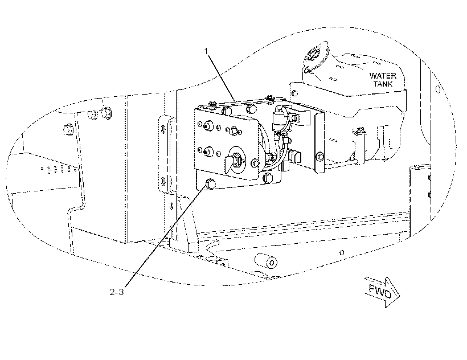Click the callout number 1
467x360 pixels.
206,51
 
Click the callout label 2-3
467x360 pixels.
117,292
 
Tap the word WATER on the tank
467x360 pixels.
383,76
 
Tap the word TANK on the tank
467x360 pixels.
383,84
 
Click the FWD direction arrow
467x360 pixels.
382,292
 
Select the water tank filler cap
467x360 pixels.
315,56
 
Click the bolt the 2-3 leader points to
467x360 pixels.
210,184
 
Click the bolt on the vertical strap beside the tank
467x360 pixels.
320,156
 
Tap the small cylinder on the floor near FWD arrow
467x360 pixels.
265,260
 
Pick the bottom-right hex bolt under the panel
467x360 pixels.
268,178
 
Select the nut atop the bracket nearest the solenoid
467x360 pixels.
270,97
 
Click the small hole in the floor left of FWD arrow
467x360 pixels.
342,253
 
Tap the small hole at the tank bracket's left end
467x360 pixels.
294,93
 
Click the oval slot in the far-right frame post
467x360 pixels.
437,89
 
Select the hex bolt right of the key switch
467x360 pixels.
255,162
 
